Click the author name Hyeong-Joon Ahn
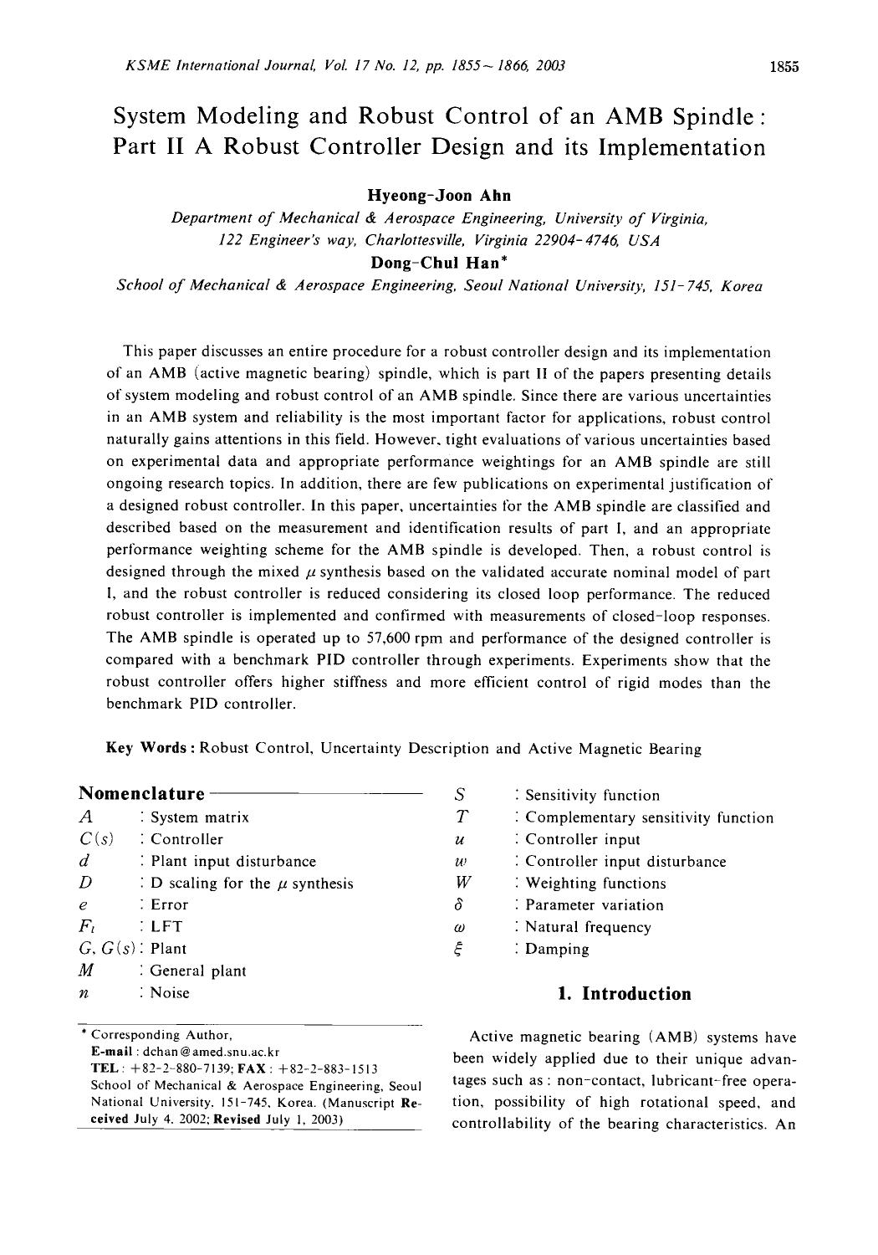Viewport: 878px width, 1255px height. [439, 196]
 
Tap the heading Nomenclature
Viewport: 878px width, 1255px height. [141, 793]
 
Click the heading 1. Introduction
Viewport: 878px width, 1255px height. [624, 994]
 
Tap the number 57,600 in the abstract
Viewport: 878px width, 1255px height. [368, 638]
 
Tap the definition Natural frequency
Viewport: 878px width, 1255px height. [588, 927]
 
